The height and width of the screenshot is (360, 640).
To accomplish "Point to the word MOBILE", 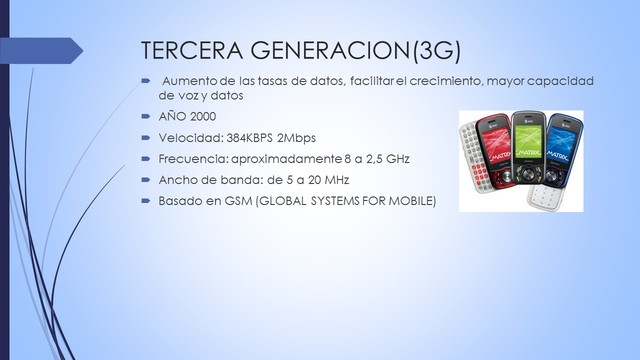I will pos(411,201).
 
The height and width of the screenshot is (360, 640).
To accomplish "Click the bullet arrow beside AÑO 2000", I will pos(146,116).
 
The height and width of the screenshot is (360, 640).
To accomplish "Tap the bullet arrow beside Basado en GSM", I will pos(146,201).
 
